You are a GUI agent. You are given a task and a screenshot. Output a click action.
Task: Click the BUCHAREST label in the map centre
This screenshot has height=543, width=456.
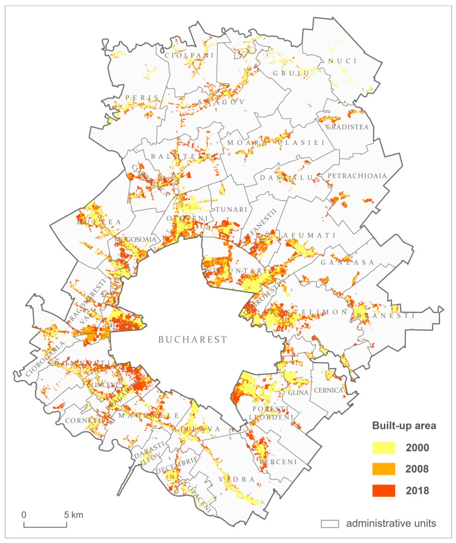pyautogui.click(x=193, y=339)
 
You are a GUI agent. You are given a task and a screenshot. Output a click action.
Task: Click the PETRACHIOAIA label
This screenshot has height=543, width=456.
pyautogui.click(x=357, y=176)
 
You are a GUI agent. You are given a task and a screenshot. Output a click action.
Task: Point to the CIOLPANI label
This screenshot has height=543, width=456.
pyautogui.click(x=189, y=55)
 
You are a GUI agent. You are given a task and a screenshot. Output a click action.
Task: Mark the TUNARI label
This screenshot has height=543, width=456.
pyautogui.click(x=231, y=209)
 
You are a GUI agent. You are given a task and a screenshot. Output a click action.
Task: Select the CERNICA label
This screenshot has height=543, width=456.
pyautogui.click(x=328, y=390)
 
